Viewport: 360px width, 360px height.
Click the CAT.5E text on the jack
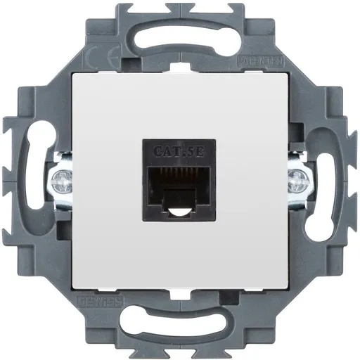180,149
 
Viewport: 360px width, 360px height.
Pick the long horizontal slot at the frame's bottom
180,326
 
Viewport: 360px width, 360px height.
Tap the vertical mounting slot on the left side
35,180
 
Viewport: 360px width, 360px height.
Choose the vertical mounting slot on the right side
326,180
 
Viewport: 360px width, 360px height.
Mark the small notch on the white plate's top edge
180,73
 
